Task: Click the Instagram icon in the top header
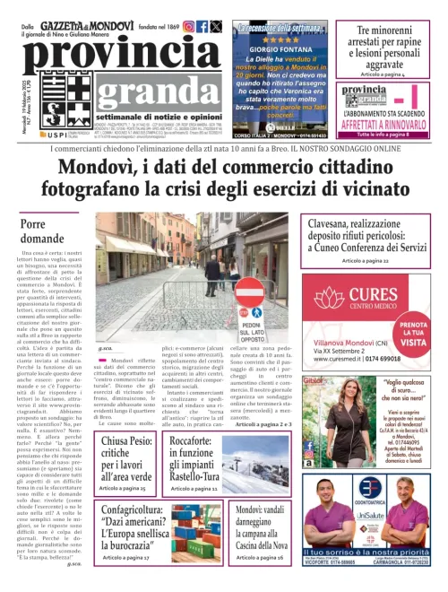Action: click(188, 27)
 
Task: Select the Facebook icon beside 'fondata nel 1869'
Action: click(202, 27)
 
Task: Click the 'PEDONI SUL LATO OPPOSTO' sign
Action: click(251, 313)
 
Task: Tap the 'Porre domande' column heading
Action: click(44, 231)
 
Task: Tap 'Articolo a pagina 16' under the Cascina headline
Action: click(262, 558)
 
